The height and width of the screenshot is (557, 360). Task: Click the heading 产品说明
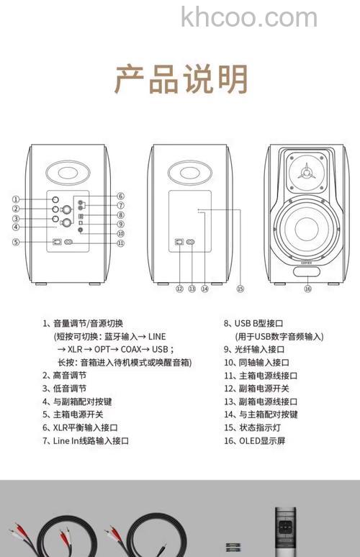pos(181,79)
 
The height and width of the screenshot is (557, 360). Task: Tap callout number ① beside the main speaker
pos(15,199)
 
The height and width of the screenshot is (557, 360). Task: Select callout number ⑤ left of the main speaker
pos(15,243)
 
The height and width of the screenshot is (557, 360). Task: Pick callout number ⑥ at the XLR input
pos(121,196)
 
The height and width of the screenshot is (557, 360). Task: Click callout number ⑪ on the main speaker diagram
pos(121,243)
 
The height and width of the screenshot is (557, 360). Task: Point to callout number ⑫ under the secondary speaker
pos(179,289)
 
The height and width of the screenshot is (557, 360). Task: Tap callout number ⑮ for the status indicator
pos(240,289)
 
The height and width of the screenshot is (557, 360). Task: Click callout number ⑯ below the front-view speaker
pos(307,289)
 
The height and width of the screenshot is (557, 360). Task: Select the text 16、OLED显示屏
pos(254,440)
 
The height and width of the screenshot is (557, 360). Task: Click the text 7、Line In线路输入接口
pos(86,440)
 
